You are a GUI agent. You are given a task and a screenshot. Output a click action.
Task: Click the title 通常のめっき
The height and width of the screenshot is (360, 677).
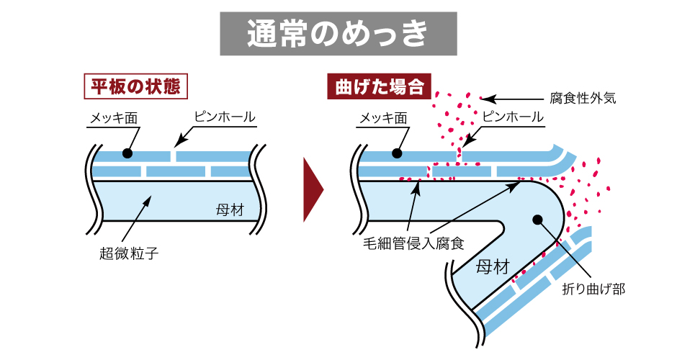pyautogui.click(x=338, y=33)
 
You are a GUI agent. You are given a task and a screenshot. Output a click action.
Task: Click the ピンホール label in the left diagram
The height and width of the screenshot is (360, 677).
pyautogui.click(x=224, y=117)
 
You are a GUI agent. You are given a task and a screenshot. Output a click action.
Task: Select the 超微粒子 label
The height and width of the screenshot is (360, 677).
pyautogui.click(x=128, y=253)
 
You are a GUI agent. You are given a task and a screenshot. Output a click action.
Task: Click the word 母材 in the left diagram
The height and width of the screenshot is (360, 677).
pyautogui.click(x=229, y=210)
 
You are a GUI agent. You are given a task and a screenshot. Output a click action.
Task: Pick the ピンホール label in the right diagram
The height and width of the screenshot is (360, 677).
pyautogui.click(x=512, y=117)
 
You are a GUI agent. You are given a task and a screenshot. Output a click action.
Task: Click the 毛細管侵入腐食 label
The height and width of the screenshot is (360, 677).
pyautogui.click(x=413, y=243)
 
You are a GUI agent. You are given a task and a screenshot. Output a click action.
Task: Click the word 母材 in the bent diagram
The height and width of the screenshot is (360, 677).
pyautogui.click(x=493, y=267)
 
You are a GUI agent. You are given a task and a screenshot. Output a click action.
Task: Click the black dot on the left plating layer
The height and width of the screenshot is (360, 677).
pyautogui.click(x=127, y=153)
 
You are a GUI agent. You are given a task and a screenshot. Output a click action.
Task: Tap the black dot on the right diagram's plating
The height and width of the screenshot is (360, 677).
pyautogui.click(x=395, y=153)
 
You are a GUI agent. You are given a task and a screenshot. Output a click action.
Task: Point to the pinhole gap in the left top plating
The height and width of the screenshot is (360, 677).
pyautogui.click(x=173, y=156)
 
